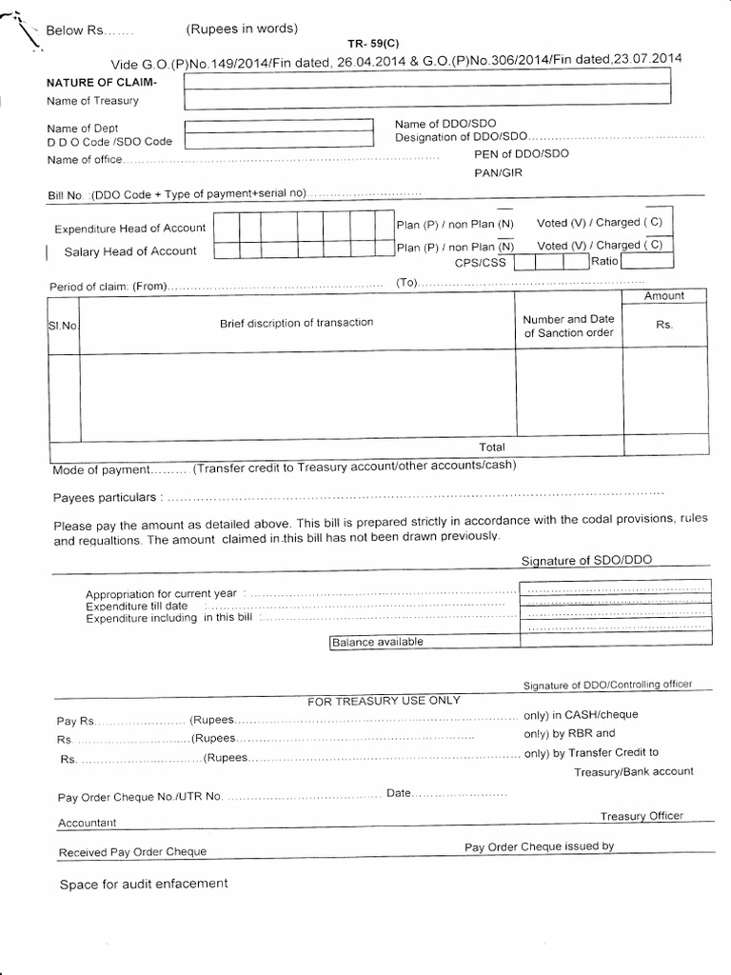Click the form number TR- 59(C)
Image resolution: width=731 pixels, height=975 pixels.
372,44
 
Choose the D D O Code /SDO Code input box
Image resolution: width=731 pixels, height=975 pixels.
278,141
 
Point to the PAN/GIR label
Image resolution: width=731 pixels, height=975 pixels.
499,173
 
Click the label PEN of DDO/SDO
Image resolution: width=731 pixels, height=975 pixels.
521,154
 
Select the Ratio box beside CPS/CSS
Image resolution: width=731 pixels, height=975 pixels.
633,262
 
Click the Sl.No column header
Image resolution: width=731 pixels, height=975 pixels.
63,326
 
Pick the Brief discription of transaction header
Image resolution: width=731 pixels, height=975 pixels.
297,323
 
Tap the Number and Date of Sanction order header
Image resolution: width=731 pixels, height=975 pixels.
569,326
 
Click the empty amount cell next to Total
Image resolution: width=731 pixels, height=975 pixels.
665,445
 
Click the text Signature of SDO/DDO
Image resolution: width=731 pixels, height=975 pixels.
586,560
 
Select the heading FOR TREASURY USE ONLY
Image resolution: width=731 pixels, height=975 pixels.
384,701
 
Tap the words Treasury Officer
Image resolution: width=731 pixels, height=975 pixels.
641,816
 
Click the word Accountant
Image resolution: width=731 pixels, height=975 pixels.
87,822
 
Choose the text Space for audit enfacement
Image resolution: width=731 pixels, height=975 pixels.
144,884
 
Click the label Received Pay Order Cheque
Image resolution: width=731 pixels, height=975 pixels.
132,852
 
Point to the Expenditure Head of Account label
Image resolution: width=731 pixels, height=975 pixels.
129,229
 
